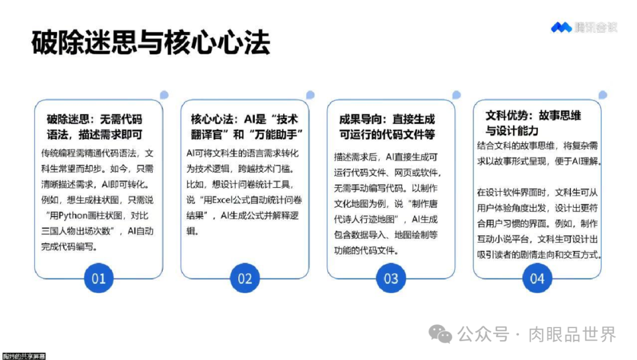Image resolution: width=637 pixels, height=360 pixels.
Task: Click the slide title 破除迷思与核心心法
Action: [150, 42]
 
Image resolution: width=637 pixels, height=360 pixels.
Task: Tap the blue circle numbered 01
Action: [98, 277]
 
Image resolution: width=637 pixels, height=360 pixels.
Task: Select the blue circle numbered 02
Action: [245, 277]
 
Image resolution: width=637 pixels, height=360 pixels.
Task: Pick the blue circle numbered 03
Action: [391, 277]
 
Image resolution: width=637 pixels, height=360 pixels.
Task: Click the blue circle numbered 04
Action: [537, 277]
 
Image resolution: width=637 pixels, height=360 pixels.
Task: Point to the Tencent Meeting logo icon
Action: [561, 27]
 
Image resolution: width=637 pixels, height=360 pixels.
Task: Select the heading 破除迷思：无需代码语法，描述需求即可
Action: [95, 126]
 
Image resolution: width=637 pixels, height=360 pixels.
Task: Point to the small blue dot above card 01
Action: [164, 95]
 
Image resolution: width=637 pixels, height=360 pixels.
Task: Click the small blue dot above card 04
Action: [602, 95]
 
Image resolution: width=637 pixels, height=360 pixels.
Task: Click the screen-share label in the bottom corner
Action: [23, 356]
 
